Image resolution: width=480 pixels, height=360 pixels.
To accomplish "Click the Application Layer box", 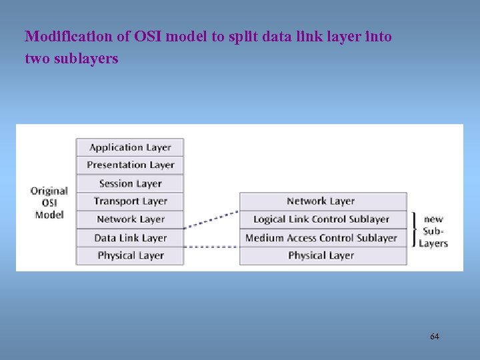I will (x=130, y=147).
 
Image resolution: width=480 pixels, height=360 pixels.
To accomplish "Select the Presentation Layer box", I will (x=130, y=165).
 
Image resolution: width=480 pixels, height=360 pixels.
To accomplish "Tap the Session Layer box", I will (x=130, y=183).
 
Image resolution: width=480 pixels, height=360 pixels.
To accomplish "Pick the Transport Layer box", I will (x=130, y=201).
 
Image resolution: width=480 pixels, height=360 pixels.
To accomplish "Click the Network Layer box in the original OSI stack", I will (x=130, y=219).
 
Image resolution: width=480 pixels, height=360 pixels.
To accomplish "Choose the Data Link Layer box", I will (x=130, y=238).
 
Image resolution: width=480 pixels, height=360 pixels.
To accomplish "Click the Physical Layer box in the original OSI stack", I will (x=130, y=256).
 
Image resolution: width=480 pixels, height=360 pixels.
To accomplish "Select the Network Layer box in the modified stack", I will (x=323, y=201).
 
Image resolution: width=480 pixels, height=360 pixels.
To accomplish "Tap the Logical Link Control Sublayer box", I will (x=323, y=219).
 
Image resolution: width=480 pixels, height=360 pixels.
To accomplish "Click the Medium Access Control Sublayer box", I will (x=323, y=238).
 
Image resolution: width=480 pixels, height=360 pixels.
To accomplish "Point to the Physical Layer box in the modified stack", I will (x=323, y=256).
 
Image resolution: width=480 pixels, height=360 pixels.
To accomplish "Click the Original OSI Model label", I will (x=49, y=203).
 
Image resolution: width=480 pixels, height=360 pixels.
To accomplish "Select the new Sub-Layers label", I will (x=433, y=231).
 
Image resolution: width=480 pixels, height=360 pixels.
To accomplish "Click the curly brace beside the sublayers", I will (x=416, y=229).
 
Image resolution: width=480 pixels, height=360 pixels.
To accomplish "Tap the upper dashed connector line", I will (x=211, y=219).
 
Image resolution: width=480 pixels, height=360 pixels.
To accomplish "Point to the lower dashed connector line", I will (x=211, y=247).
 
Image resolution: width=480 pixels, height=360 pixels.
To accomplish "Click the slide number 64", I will (x=435, y=337).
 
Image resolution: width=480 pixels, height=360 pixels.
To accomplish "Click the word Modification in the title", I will (x=60, y=36).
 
